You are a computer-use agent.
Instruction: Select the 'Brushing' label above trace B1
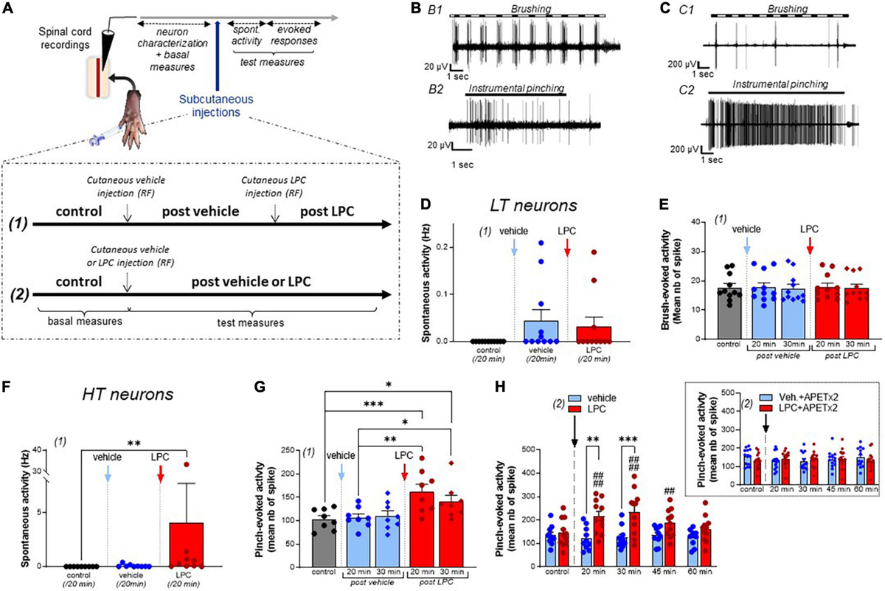(x=551, y=7)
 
